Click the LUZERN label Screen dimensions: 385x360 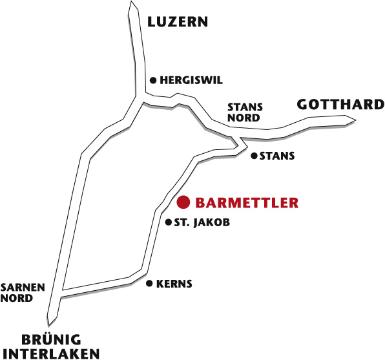tap(178, 21)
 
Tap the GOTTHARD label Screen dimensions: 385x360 tap(340, 105)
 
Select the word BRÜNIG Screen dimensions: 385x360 tap(51, 340)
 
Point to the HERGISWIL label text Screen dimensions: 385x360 tap(191, 80)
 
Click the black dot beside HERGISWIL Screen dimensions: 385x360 tap(153, 80)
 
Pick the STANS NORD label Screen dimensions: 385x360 tap(245, 112)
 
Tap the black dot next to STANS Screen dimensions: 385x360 tap(254, 156)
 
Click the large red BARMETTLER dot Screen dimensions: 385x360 tap(183, 202)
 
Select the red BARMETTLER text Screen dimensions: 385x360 tap(247, 203)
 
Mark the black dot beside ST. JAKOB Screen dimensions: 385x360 tap(168, 222)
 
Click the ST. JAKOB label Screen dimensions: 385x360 tap(202, 222)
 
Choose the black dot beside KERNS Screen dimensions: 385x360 tap(149, 284)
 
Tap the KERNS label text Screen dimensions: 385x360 tap(174, 284)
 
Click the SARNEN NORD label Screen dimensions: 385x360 tap(23, 293)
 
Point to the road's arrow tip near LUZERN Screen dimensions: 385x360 tap(132, 1)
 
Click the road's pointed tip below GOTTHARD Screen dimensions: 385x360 tap(355, 120)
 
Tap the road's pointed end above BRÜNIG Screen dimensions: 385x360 tap(49, 325)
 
